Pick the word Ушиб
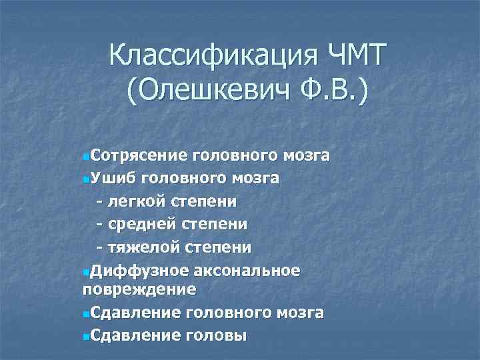[113, 179]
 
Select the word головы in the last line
[217, 335]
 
